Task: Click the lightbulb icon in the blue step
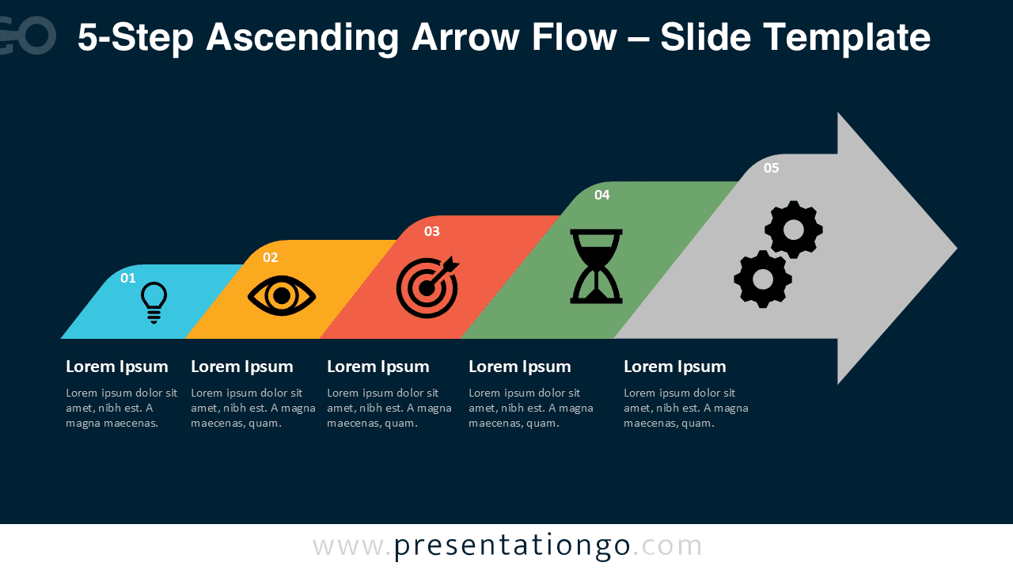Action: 154,302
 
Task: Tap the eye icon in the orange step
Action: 282,297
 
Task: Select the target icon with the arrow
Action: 427,287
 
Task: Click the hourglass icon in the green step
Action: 596,266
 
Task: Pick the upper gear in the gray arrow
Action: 794,230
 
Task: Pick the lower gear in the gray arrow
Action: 763,279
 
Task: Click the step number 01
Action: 128,278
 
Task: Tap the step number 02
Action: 271,257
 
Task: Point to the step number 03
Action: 431,231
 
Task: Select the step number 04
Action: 602,195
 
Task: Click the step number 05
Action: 772,168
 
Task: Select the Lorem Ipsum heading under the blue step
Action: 117,367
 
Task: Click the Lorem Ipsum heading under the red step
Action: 378,367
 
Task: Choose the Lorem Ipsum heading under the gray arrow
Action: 675,367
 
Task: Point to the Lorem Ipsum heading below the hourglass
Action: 520,367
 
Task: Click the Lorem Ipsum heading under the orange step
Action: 242,367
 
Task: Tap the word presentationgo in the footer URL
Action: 512,546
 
